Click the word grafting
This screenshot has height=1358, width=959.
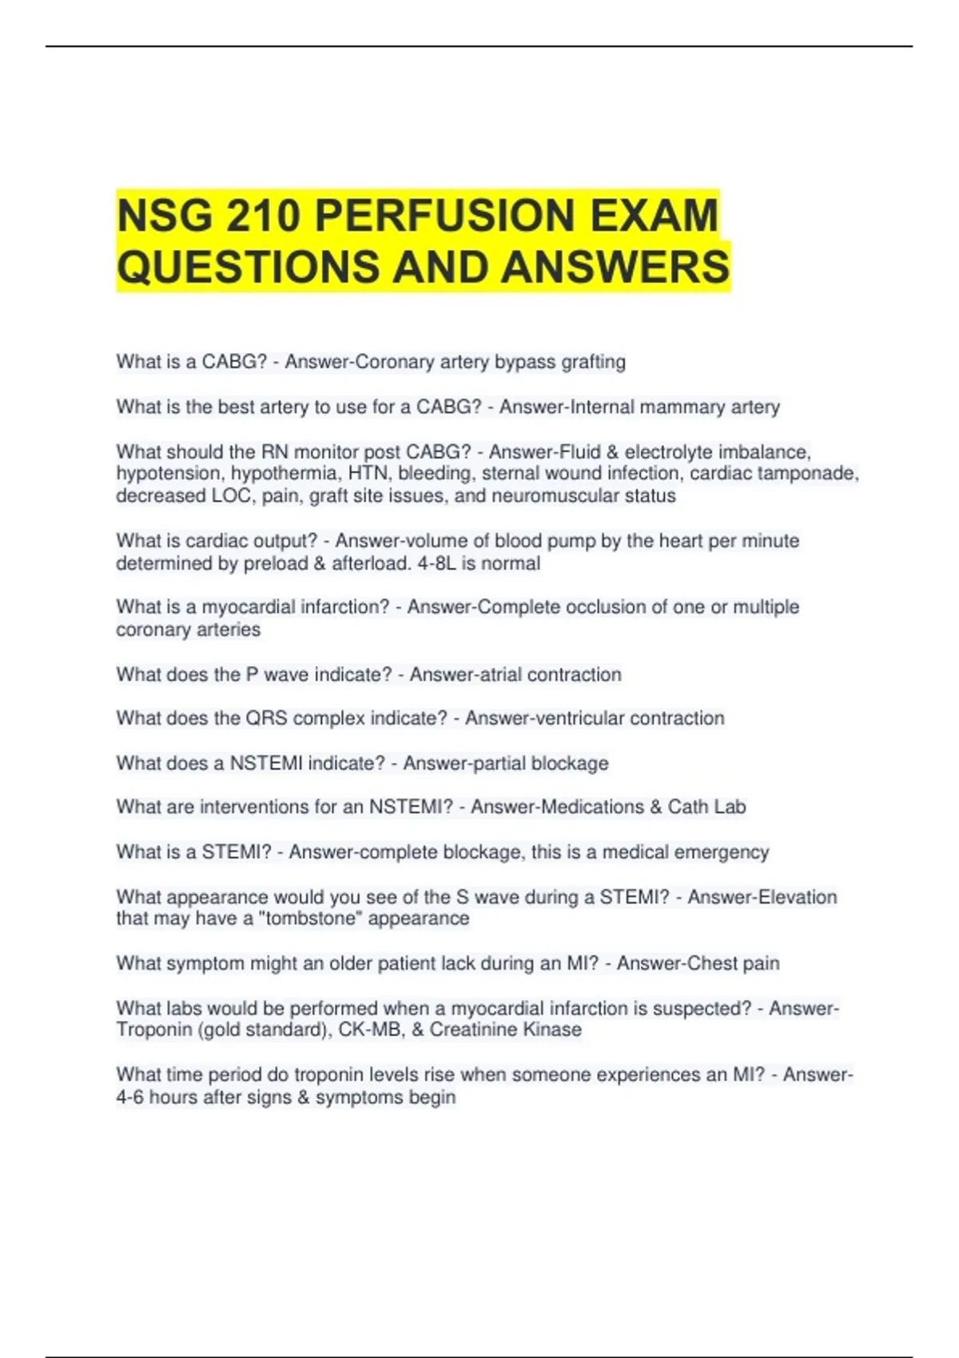coord(593,362)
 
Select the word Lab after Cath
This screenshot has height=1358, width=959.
coord(729,807)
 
